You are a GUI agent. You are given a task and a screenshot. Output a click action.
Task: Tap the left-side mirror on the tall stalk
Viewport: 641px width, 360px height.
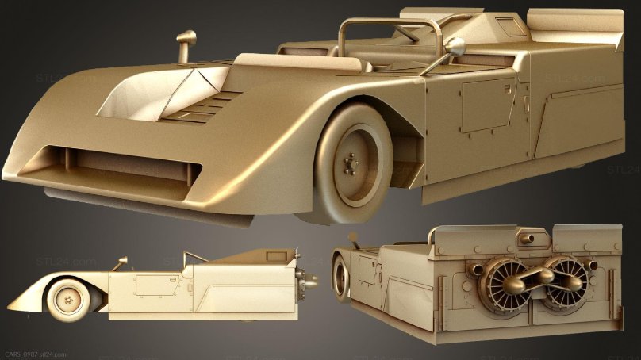(x=187, y=38)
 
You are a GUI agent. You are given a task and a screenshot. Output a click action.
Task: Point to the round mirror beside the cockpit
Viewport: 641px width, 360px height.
(x=455, y=46)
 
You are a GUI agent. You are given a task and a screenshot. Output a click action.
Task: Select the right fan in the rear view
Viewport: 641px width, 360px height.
(x=565, y=283)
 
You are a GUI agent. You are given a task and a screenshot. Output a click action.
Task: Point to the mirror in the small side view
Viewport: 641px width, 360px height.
(x=121, y=262)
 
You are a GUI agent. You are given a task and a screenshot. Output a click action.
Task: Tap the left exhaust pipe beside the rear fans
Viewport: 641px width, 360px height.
(x=475, y=270)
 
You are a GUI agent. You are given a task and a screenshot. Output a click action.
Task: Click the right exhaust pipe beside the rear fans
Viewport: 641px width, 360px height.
(x=597, y=269)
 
